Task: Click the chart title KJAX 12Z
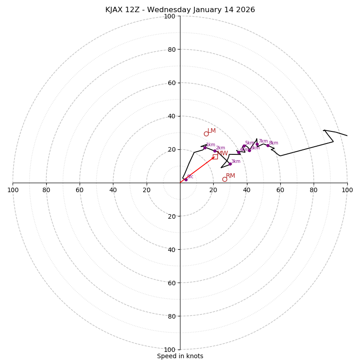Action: pyautogui.click(x=180, y=10)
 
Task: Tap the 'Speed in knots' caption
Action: pyautogui.click(x=180, y=356)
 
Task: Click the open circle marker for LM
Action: pyautogui.click(x=206, y=134)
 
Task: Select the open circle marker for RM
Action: pyautogui.click(x=225, y=179)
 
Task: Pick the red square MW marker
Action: pyautogui.click(x=215, y=157)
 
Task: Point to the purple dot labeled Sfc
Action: pyautogui.click(x=186, y=180)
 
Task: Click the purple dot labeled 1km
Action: pyautogui.click(x=205, y=148)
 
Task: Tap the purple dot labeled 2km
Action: pyautogui.click(x=215, y=151)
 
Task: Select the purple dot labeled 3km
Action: pyautogui.click(x=230, y=164)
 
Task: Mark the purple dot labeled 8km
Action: pyautogui.click(x=268, y=145)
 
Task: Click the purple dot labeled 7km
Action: pyautogui.click(x=257, y=144)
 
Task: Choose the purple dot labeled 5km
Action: pyautogui.click(x=244, y=146)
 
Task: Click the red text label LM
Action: pyautogui.click(x=211, y=131)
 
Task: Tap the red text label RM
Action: pyautogui.click(x=230, y=176)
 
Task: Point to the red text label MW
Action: pyautogui.click(x=222, y=153)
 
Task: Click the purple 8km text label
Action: pyautogui.click(x=274, y=143)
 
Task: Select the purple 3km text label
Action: pyautogui.click(x=236, y=161)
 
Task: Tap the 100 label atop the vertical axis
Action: pyautogui.click(x=170, y=16)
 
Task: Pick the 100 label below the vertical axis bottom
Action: pyautogui.click(x=170, y=350)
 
